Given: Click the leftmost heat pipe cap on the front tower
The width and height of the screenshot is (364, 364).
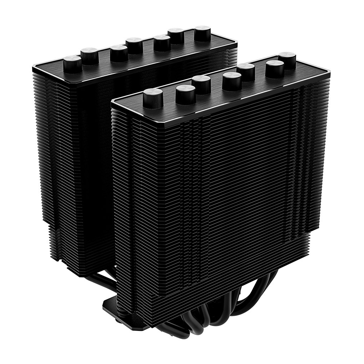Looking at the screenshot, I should coord(153,97).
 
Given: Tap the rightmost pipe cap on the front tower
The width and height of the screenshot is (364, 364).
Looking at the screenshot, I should coord(287,59).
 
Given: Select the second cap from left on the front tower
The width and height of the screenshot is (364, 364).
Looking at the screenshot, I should coord(185,93).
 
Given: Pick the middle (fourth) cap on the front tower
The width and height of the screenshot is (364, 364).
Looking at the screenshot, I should coord(232,80).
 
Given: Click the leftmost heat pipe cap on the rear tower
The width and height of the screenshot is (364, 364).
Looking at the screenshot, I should coord(73,64).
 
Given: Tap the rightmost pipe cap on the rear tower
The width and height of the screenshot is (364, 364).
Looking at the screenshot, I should coord(202,33).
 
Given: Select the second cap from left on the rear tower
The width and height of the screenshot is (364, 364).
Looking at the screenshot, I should coord(89,55).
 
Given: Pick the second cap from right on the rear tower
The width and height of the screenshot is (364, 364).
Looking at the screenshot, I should coord(176,35).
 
